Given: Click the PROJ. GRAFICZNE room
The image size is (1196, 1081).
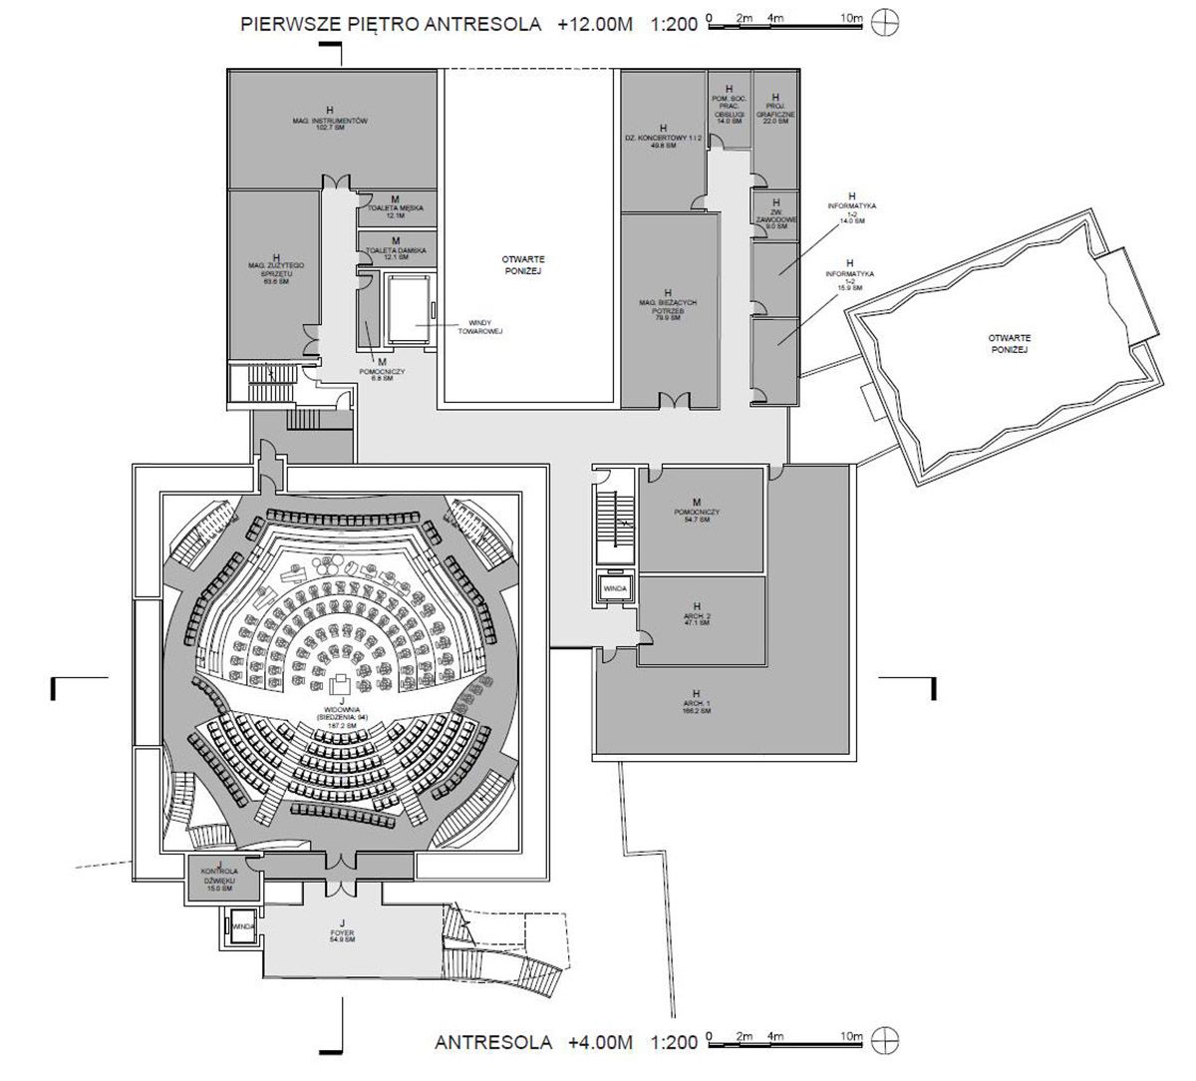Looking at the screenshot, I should (775, 112).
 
